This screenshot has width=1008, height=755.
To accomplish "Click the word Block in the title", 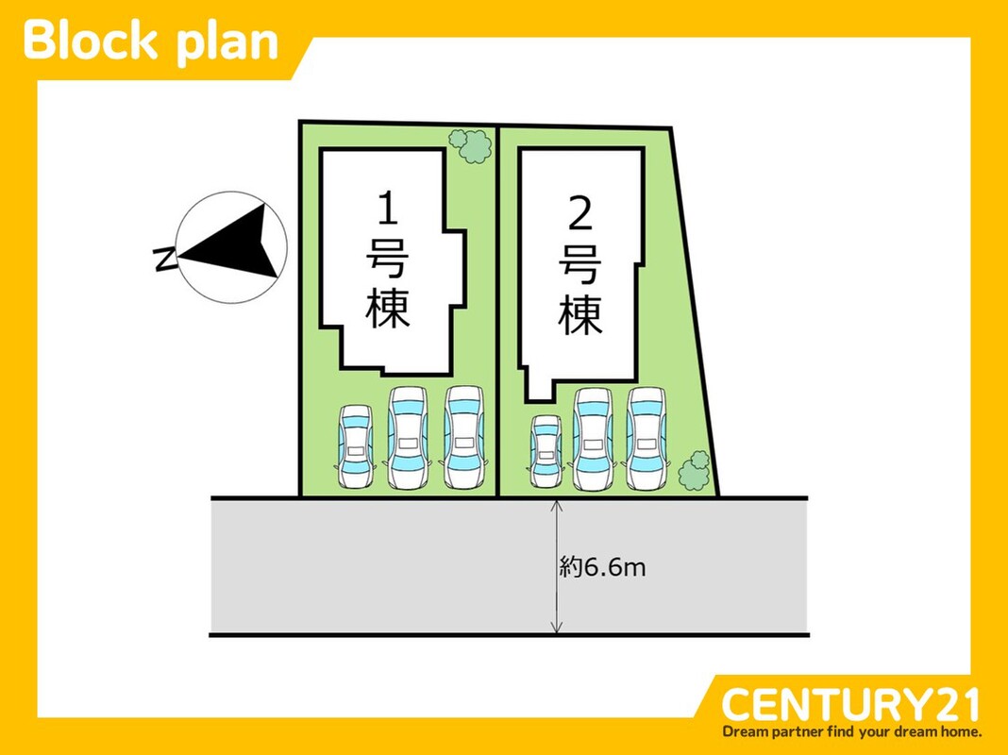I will pos(91,42).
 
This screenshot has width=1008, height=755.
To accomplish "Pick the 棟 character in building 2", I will pos(580,315).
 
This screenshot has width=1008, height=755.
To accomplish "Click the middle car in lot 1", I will pos(408,438).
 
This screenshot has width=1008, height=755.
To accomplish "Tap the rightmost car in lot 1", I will pos(462,438).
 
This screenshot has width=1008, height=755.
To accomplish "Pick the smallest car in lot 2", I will pos(546,452).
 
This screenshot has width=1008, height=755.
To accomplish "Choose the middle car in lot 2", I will pos(593,439).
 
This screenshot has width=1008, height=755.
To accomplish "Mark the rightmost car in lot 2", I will pos(647,439).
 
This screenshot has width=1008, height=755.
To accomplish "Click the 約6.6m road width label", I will pos(602,567).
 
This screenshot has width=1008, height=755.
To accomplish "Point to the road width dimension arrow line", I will pos(558,604).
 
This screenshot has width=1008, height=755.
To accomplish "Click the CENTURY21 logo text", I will pos(850,705).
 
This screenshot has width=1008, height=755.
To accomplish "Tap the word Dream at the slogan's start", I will pos(747,731).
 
